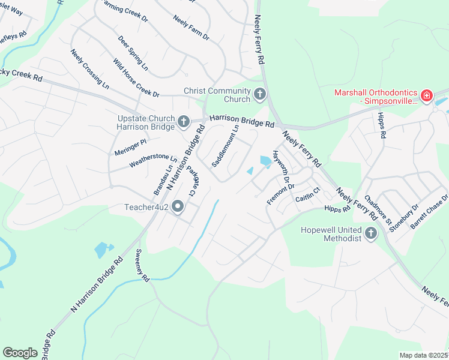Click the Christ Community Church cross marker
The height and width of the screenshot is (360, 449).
click(260, 94)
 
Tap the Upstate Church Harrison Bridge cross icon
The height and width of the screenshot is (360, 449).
click(184, 122)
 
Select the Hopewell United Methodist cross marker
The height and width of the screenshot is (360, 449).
click(370, 233)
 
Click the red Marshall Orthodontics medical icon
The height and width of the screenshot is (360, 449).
click(427, 96)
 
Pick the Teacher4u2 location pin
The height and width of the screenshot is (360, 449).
click(178, 208)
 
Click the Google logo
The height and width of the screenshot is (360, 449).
click(20, 353)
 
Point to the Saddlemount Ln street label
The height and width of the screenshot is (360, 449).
click(225, 146)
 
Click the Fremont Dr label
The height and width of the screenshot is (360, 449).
click(279, 193)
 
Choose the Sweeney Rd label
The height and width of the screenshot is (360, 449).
click(142, 265)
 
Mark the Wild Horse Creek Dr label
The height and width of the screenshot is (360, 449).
click(136, 77)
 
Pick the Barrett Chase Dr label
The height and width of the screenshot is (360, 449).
click(429, 212)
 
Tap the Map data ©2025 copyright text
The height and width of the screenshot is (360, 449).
click(424, 355)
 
